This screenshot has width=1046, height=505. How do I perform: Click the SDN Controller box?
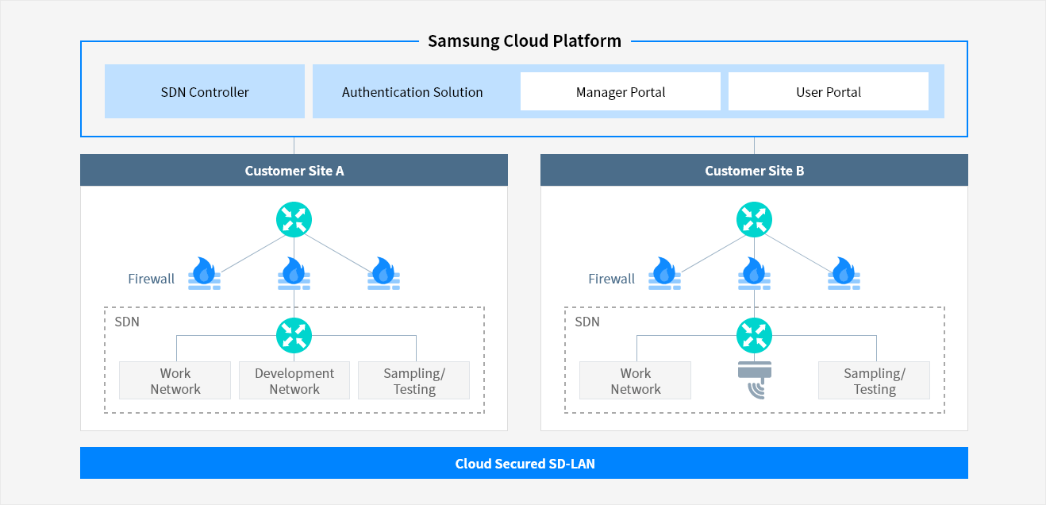[205, 91]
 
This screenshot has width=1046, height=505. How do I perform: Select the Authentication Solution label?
[412, 92]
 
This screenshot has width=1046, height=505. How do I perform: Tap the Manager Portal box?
[621, 91]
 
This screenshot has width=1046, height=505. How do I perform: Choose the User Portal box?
[829, 91]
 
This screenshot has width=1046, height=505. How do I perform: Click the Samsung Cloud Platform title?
[525, 41]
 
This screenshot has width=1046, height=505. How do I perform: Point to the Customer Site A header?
[294, 170]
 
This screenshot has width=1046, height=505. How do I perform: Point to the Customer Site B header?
[754, 170]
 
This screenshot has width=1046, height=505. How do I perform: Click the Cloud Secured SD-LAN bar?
[524, 463]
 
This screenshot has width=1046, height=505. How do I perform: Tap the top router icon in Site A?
[294, 220]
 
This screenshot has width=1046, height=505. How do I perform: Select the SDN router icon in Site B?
[754, 335]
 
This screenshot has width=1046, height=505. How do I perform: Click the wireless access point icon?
[755, 380]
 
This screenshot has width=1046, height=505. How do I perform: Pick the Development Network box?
[294, 380]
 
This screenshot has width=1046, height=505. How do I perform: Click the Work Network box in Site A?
[175, 380]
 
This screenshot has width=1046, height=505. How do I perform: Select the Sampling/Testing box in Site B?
[874, 380]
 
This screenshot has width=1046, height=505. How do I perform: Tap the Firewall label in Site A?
[152, 279]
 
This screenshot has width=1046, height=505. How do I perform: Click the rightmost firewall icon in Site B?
[844, 273]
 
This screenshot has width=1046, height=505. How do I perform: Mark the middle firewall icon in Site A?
[294, 273]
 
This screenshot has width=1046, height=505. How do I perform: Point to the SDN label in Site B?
[587, 322]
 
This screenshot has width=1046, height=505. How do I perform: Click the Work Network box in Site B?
[635, 380]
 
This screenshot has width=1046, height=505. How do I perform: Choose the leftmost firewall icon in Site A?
[204, 273]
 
